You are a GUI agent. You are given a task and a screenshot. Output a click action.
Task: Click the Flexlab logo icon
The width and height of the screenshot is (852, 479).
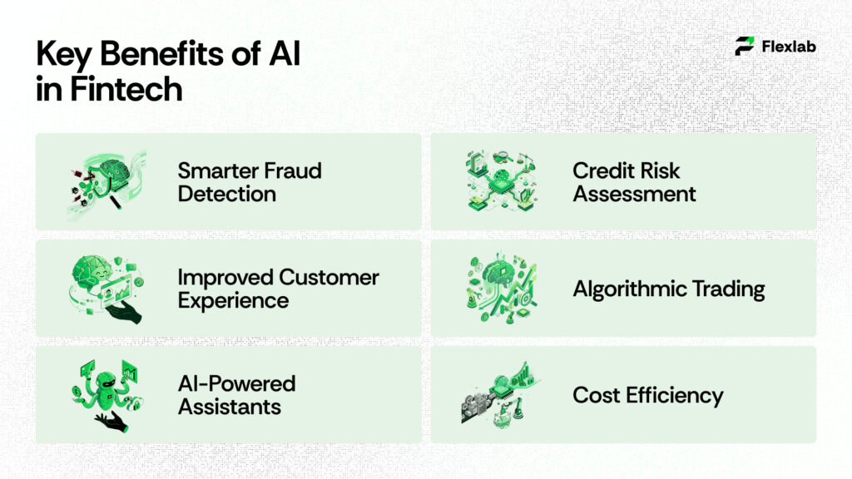tap(745, 47)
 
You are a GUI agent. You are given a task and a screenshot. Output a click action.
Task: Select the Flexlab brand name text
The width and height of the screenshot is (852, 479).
tap(789, 47)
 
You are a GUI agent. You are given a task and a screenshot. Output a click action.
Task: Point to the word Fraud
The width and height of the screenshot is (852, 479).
tap(288, 171)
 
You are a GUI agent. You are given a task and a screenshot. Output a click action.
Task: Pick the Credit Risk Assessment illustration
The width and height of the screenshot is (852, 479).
tap(500, 181)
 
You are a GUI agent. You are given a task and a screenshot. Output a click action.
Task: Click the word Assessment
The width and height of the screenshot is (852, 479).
tap(634, 195)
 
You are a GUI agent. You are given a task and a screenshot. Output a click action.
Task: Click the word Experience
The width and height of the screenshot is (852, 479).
tap(233, 300)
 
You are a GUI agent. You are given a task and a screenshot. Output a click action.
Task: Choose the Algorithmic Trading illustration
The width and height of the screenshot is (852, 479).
tap(500, 288)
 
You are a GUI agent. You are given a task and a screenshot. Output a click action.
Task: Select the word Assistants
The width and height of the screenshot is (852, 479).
tap(229, 407)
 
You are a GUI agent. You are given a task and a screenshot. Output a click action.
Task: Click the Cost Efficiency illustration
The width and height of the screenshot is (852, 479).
tap(500, 395)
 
